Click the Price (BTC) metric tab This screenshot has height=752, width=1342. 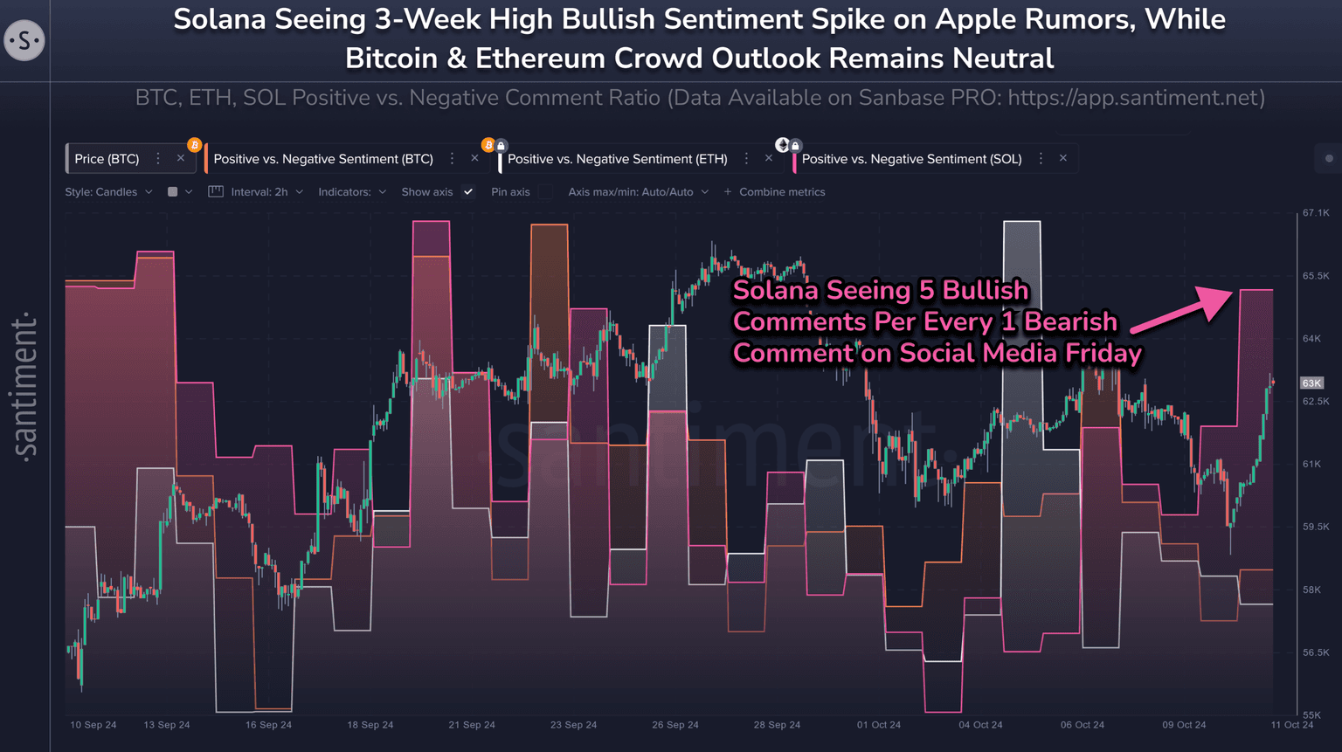tap(107, 159)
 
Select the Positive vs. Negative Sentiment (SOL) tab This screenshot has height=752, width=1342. tap(911, 159)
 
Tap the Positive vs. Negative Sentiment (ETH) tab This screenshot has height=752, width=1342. tap(617, 159)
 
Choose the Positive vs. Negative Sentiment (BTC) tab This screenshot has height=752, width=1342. tap(323, 159)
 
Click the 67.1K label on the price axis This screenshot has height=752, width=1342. tap(1315, 213)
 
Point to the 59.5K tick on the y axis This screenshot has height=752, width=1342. tap(1315, 528)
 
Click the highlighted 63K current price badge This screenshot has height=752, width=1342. tap(1311, 383)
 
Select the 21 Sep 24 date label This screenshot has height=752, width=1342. tap(472, 725)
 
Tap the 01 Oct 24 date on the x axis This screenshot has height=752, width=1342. tap(878, 725)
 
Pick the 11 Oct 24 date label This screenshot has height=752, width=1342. tap(1291, 725)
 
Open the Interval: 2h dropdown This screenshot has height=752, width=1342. tap(259, 192)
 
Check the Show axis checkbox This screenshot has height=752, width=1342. tap(468, 192)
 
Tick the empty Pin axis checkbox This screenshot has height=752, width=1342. tap(545, 192)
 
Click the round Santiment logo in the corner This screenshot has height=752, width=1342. tap(24, 40)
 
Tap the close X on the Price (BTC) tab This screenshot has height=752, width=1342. tap(181, 158)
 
